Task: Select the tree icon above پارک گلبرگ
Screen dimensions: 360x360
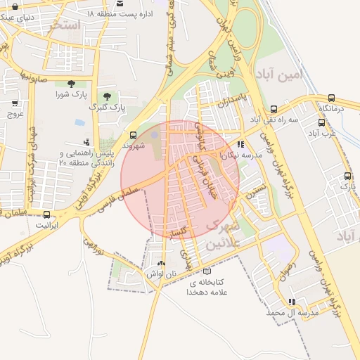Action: (x=107, y=96)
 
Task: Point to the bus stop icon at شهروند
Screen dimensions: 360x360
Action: (x=134, y=134)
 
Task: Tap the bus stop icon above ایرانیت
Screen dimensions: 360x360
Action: (x=46, y=214)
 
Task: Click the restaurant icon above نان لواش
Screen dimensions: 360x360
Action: (x=162, y=262)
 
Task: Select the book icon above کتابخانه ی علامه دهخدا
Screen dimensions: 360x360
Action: (x=205, y=271)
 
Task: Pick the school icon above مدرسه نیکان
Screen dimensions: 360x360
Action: (x=241, y=144)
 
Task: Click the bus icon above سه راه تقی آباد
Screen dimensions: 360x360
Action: (x=274, y=109)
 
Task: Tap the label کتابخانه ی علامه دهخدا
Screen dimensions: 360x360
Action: (x=205, y=286)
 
